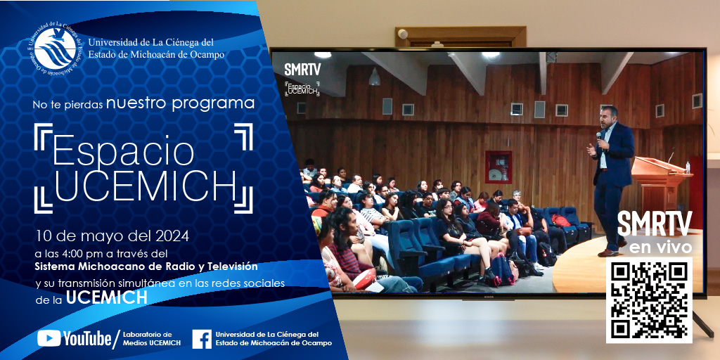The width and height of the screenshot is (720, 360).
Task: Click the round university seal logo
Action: coord(55,49)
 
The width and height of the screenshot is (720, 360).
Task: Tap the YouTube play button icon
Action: coord(49,338)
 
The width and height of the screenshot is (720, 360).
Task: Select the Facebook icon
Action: coord(202,339)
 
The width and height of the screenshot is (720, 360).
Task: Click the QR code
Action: coord(649,300)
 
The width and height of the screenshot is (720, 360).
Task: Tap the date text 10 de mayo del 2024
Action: coord(112,236)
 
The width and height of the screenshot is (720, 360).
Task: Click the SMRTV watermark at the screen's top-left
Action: coord(302,70)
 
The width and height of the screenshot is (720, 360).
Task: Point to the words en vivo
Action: coord(660,247)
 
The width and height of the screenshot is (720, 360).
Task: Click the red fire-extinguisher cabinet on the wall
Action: coord(499,167)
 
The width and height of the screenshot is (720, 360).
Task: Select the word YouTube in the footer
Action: coord(87,338)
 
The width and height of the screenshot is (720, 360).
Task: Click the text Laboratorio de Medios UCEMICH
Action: coord(152,339)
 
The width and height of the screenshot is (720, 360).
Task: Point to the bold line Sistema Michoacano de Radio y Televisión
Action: coord(146,266)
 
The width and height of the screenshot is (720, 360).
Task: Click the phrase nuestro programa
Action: coord(180,103)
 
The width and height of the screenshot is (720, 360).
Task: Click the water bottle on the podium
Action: coord(688,167)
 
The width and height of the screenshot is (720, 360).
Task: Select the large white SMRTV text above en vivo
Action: coord(655,224)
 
